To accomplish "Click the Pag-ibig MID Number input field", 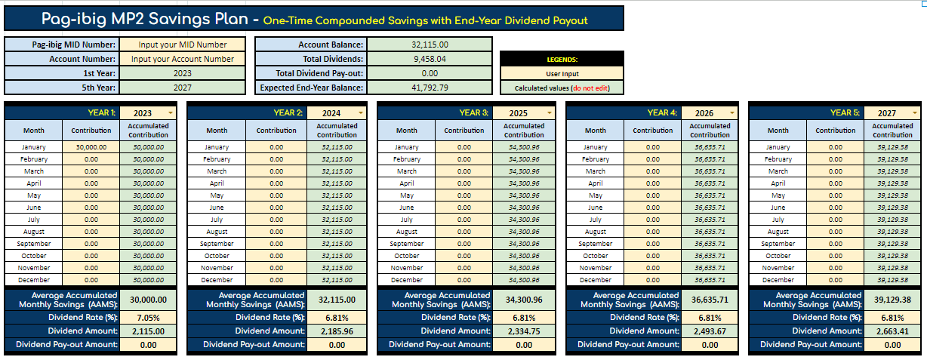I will pyautogui.click(x=183, y=45).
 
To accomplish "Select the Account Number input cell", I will pyautogui.click(x=183, y=59).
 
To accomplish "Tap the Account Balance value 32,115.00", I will pyautogui.click(x=430, y=45).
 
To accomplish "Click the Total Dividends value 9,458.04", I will pyautogui.click(x=430, y=59).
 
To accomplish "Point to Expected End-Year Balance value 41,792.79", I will pyautogui.click(x=430, y=88).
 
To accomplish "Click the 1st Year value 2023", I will pyautogui.click(x=183, y=73).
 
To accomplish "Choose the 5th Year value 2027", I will pyautogui.click(x=183, y=88).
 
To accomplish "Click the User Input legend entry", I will pyautogui.click(x=562, y=74).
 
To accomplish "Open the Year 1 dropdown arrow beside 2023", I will pyautogui.click(x=171, y=112).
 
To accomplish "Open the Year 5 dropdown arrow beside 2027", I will pyautogui.click(x=913, y=112).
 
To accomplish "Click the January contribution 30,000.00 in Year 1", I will pyautogui.click(x=91, y=147).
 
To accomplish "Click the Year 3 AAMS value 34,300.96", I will pyautogui.click(x=524, y=300).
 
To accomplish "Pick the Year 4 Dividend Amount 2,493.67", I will pyautogui.click(x=710, y=331).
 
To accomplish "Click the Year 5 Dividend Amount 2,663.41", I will pyautogui.click(x=892, y=331).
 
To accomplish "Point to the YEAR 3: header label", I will pyautogui.click(x=473, y=112).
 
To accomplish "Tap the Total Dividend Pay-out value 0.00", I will pyautogui.click(x=430, y=73).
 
